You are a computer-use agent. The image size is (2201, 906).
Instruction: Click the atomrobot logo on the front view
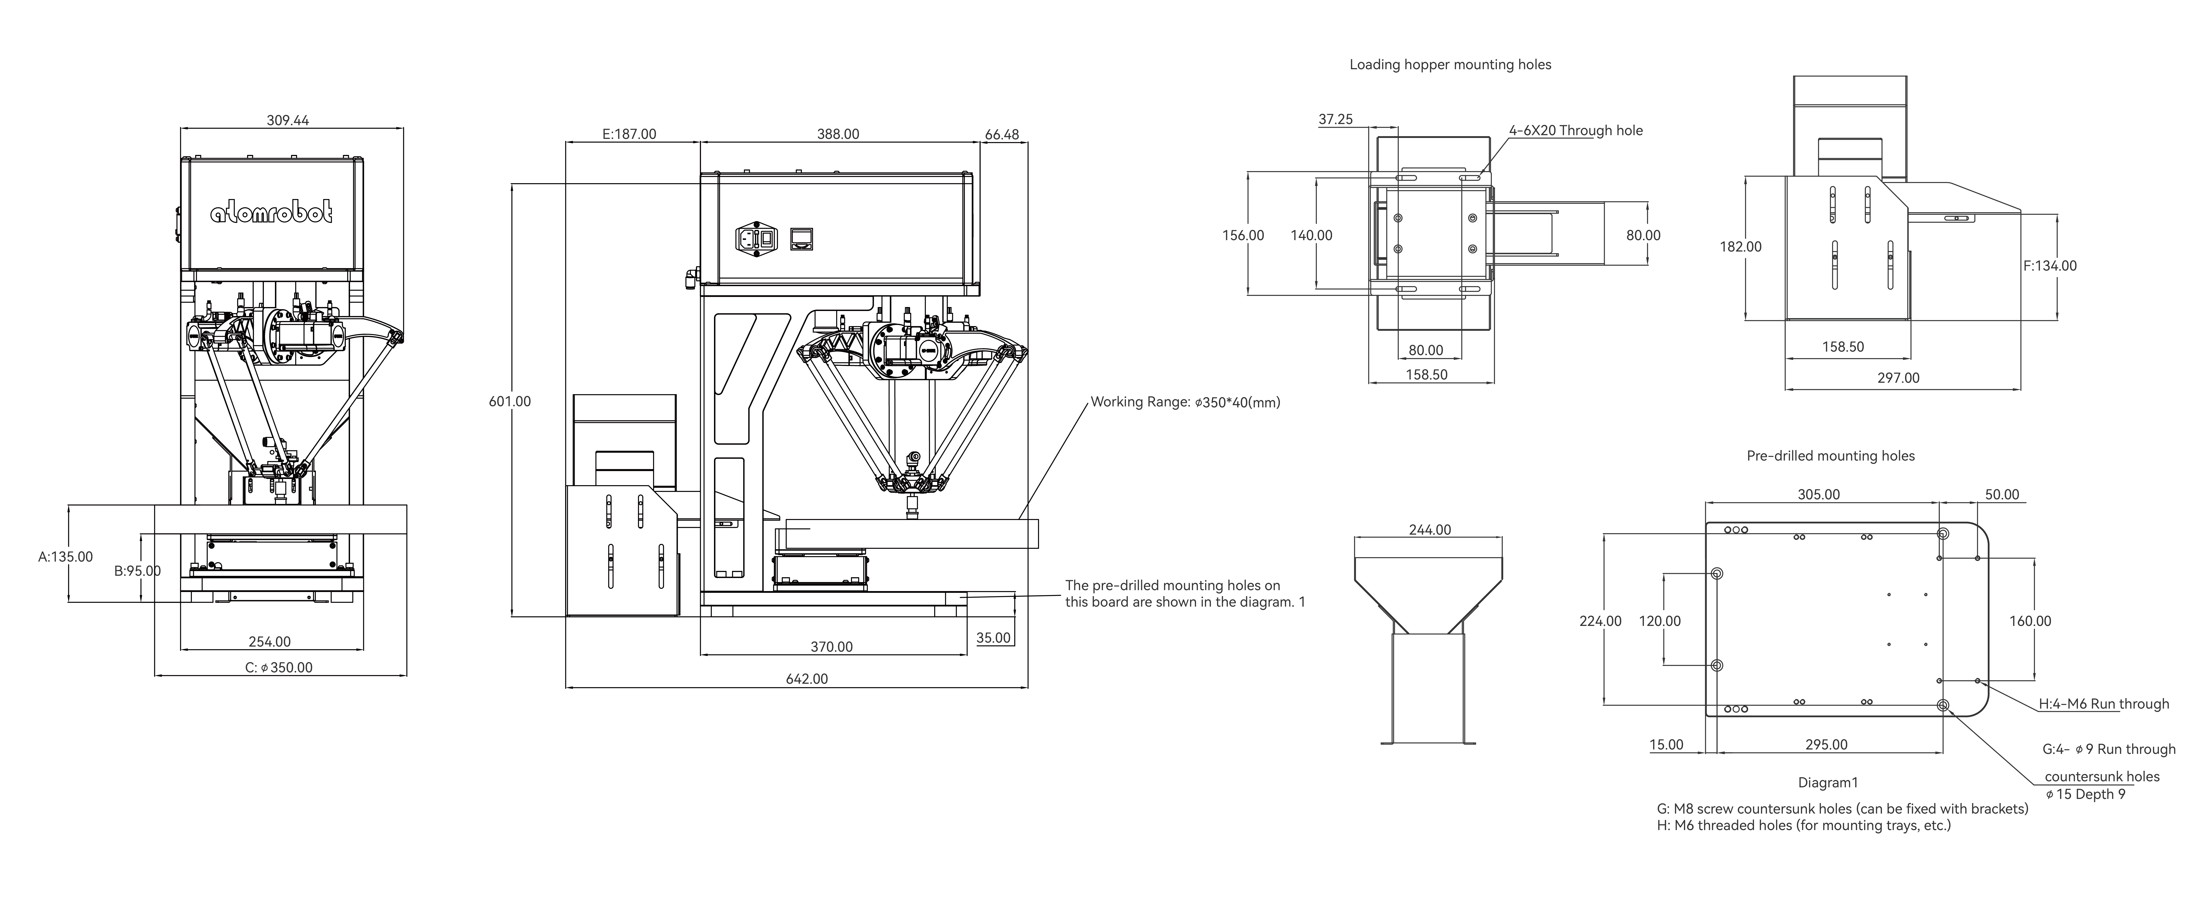(x=272, y=213)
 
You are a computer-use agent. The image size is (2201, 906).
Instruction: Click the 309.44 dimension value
(x=288, y=121)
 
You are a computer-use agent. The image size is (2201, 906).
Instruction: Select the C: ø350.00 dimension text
(x=279, y=667)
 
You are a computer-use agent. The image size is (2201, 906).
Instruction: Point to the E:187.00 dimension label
(x=630, y=134)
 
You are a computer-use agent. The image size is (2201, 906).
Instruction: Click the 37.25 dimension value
(x=1336, y=120)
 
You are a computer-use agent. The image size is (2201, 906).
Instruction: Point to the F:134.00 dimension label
(x=2050, y=266)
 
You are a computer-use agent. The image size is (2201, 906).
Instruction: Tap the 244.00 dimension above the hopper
(x=1429, y=530)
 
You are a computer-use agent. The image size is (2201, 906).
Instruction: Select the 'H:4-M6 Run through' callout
(x=2104, y=704)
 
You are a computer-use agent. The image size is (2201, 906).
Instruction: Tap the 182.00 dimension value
(x=1740, y=247)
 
